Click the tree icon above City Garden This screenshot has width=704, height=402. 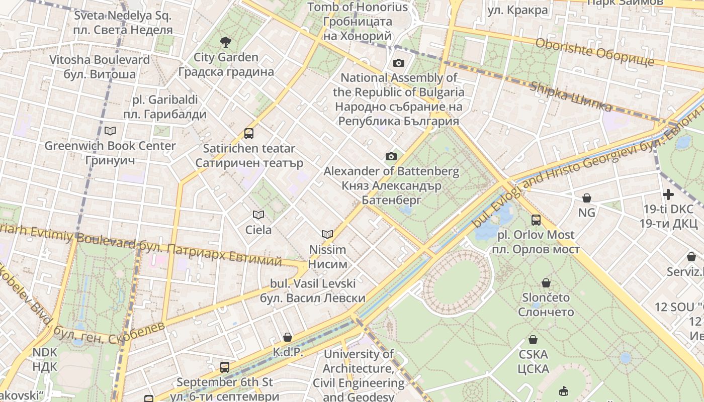tap(226, 42)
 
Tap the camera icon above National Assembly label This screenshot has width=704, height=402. tap(398, 63)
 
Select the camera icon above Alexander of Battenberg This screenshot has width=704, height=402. tap(391, 156)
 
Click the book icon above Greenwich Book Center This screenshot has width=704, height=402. tap(110, 131)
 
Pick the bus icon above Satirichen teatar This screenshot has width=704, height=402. tap(248, 133)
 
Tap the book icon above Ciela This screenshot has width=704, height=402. tap(258, 215)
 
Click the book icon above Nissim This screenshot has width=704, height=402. tap(327, 234)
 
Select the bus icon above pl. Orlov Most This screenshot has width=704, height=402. tap(536, 220)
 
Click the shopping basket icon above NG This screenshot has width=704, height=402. tap(586, 198)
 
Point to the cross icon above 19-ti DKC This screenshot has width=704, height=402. tap(668, 194)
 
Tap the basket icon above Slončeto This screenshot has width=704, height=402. tap(546, 283)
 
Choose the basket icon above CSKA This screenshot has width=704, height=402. tap(533, 340)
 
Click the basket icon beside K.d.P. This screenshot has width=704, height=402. tap(288, 337)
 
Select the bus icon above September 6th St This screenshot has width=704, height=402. tap(224, 367)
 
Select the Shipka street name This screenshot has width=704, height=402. tap(571, 96)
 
